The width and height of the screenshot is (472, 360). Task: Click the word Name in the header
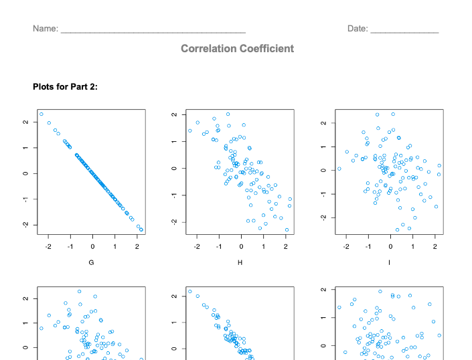tap(44, 29)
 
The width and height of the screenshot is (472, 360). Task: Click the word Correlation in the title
tap(210, 49)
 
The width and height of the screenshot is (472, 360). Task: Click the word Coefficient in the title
tap(267, 49)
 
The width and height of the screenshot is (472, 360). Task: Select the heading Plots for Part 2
tap(65, 86)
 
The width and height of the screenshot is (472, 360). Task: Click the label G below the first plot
tap(92, 263)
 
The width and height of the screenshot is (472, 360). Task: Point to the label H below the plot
tap(240, 263)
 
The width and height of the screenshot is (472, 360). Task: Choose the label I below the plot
tap(390, 263)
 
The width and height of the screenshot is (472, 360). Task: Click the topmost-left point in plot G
tap(41, 114)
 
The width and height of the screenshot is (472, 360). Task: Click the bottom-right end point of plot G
tap(141, 230)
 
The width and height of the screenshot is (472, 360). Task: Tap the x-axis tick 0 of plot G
tap(92, 246)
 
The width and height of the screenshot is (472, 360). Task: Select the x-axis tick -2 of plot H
tap(197, 246)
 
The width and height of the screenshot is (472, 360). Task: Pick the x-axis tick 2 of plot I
tap(435, 246)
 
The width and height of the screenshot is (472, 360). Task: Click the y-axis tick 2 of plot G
tap(24, 122)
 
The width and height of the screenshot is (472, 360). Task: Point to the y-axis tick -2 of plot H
tap(173, 221)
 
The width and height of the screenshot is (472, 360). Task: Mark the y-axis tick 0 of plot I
tap(323, 170)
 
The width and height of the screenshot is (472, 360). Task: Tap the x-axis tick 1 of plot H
tap(264, 246)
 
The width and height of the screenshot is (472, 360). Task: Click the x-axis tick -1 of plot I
tap(368, 246)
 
